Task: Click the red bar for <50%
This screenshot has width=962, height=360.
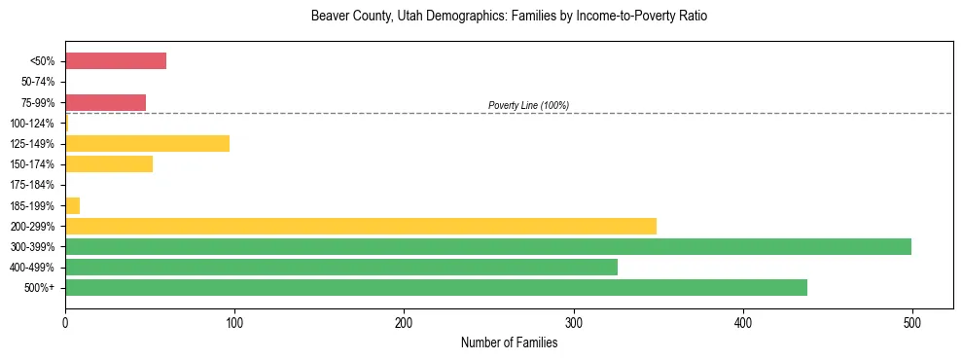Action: [115, 61]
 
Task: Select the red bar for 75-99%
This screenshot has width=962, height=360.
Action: [105, 102]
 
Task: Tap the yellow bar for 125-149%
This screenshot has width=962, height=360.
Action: [147, 143]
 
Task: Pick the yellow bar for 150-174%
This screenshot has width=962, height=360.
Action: [109, 163]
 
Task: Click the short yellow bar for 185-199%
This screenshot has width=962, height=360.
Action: [73, 205]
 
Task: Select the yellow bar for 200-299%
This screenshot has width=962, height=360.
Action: [360, 226]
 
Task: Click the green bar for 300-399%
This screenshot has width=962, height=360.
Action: [487, 246]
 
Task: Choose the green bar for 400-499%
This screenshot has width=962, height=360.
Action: [340, 267]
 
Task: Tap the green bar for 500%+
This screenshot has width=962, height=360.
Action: [436, 287]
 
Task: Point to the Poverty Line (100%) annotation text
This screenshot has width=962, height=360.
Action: [528, 105]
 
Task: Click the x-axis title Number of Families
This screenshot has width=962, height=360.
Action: [509, 342]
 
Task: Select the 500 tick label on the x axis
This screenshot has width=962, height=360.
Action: [911, 323]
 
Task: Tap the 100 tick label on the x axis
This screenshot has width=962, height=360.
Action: [234, 323]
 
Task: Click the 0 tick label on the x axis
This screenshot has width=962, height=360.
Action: [65, 323]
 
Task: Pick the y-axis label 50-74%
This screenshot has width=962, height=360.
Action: [37, 82]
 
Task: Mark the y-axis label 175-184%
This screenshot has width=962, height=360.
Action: [34, 185]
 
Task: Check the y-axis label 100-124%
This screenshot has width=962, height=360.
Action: [34, 123]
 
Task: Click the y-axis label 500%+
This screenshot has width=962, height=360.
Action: [39, 287]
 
